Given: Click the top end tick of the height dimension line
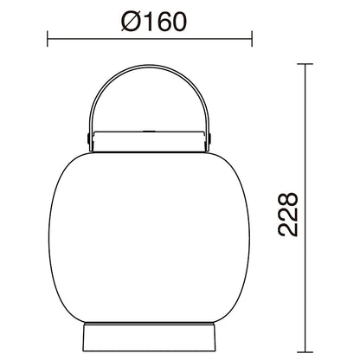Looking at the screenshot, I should (308, 64).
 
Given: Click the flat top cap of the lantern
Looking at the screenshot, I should (150, 138).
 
